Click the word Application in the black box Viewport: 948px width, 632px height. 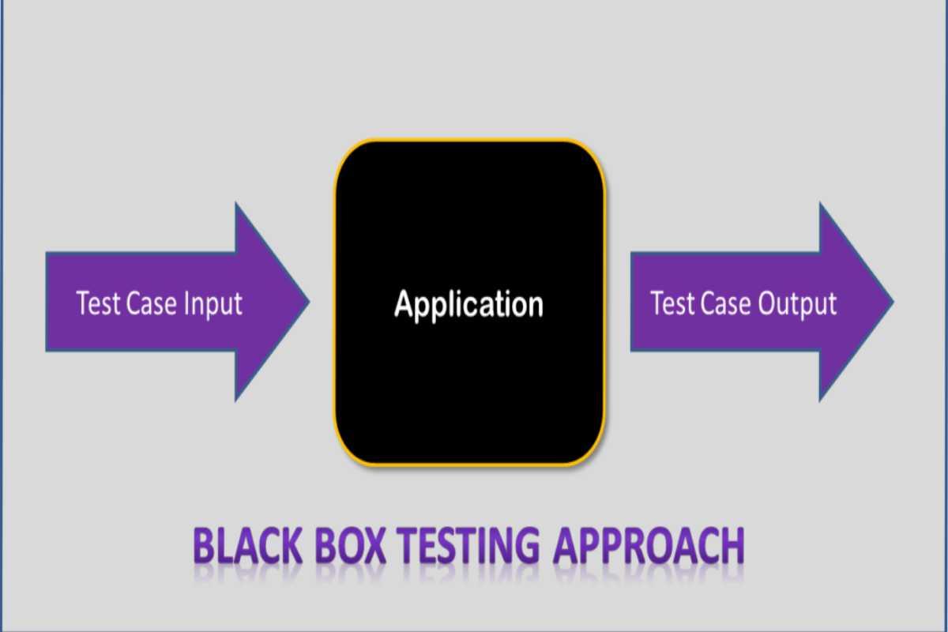coord(469,304)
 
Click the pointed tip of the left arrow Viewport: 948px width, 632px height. coord(308,301)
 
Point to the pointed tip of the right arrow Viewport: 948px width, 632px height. coord(893,301)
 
